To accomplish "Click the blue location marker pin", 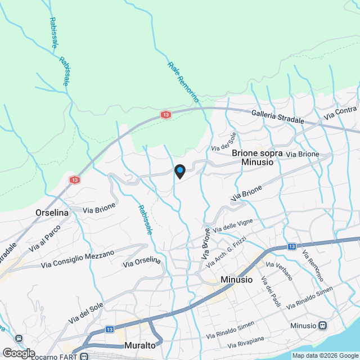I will pos(179,170).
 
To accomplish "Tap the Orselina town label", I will pos(52,213).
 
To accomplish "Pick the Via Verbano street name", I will pos(279,271).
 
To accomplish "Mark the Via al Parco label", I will pos(45,239).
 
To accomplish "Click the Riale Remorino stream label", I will pos(183,82).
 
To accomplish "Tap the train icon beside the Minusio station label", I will pos(323,325).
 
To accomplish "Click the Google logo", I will pos(18,353).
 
